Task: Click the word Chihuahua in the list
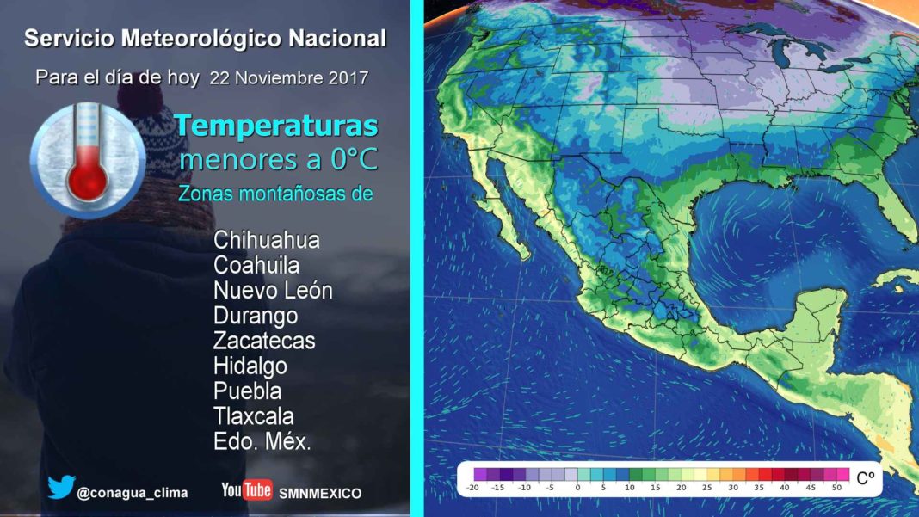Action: point(267,240)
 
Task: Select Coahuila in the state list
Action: point(256,265)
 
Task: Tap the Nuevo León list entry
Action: point(273,290)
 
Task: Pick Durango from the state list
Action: point(256,316)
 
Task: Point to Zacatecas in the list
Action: point(264,341)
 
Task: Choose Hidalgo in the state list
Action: point(250,366)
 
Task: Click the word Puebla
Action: point(247,391)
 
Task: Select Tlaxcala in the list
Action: point(253,416)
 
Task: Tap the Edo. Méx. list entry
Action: point(262,441)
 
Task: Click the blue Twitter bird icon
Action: point(62,487)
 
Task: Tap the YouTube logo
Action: point(246,489)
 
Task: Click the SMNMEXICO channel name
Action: point(320,494)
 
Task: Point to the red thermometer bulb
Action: point(87,182)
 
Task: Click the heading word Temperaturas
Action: point(276,126)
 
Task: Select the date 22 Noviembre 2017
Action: point(289,78)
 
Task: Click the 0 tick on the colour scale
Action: point(578,487)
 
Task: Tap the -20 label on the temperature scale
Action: point(472,487)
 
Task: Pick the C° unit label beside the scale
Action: point(866,478)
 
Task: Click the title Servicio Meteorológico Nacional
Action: point(205,39)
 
